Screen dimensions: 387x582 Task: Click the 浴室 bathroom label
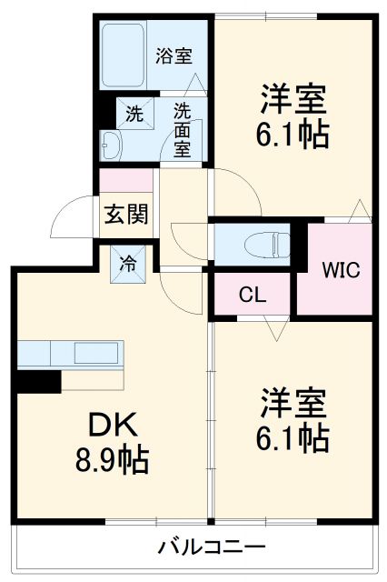click(174, 55)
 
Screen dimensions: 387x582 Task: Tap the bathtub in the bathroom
click(123, 55)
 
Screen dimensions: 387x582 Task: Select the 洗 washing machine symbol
click(135, 113)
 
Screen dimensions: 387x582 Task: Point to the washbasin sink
click(111, 145)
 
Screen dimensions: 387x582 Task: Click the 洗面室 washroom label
click(182, 130)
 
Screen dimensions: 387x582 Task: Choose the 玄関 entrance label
click(126, 214)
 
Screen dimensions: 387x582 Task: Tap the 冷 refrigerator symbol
click(128, 264)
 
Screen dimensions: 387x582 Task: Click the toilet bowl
click(267, 245)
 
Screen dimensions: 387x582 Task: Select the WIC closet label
click(341, 270)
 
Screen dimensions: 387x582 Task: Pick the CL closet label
click(253, 295)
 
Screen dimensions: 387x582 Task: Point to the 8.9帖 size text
click(113, 460)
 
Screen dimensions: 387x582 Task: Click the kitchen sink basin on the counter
click(96, 353)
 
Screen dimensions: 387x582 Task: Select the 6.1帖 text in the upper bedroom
click(293, 135)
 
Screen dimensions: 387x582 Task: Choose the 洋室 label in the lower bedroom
click(293, 403)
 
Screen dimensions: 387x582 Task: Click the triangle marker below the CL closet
click(276, 327)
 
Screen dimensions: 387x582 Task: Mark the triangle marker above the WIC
click(360, 211)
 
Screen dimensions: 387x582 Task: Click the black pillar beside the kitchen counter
click(38, 382)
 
